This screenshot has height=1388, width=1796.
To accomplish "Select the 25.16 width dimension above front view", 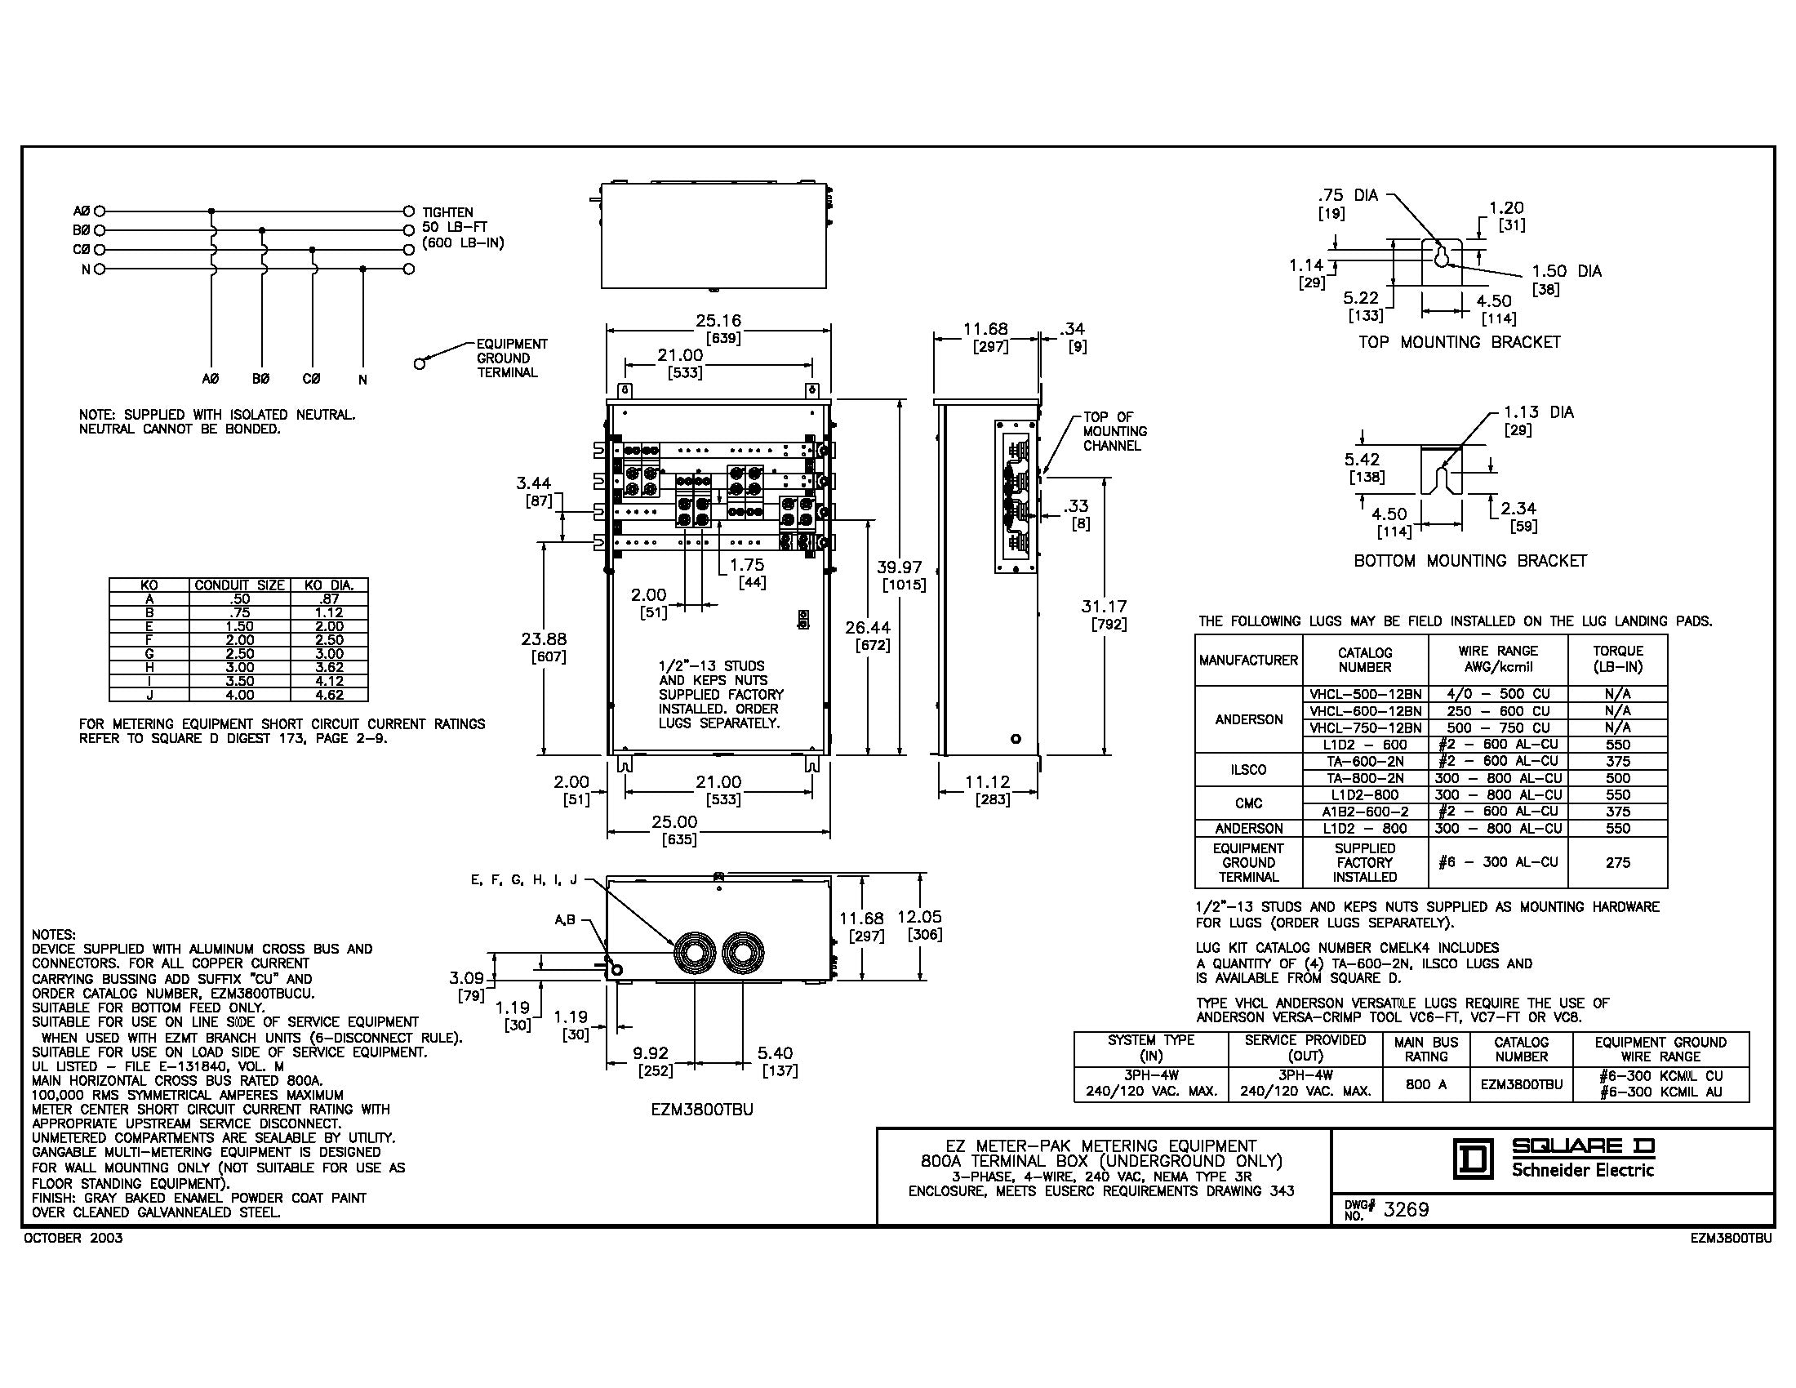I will [x=719, y=321].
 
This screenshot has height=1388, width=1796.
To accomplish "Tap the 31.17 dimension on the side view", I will [x=1104, y=607].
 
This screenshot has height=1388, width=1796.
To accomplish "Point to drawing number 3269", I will [x=1407, y=1209].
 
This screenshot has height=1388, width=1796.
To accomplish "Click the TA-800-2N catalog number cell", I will [x=1365, y=778].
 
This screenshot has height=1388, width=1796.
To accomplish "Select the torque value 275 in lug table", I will [x=1617, y=862].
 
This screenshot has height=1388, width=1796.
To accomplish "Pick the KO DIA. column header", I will [x=329, y=585].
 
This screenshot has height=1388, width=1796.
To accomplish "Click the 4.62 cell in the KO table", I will [x=329, y=695].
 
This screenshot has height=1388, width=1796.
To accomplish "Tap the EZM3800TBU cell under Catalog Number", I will [x=1522, y=1084].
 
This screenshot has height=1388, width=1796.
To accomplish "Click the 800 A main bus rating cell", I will [x=1426, y=1084].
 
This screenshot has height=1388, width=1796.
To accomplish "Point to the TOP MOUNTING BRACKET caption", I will [x=1459, y=342].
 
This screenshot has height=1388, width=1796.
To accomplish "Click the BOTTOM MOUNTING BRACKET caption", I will [x=1470, y=561].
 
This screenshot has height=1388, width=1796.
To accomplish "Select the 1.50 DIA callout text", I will [x=1566, y=271].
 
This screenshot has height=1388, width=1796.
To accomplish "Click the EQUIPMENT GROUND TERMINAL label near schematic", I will [x=512, y=358].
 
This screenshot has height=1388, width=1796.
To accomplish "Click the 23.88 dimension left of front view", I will [x=544, y=639].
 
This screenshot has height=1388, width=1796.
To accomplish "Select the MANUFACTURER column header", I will [x=1248, y=660].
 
